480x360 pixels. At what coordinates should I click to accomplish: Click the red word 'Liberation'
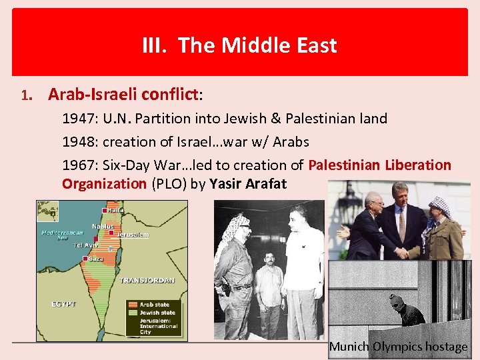point(418,165)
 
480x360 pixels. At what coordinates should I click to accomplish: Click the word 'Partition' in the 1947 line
point(163,119)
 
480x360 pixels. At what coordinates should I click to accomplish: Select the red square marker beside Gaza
point(85,258)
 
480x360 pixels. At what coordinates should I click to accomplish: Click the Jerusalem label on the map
point(133,235)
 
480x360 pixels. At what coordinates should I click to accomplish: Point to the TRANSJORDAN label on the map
point(148,280)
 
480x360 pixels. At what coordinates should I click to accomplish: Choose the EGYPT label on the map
point(64,304)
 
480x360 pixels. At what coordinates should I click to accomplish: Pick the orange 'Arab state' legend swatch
point(133,305)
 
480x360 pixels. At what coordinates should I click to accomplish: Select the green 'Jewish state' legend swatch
point(133,312)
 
